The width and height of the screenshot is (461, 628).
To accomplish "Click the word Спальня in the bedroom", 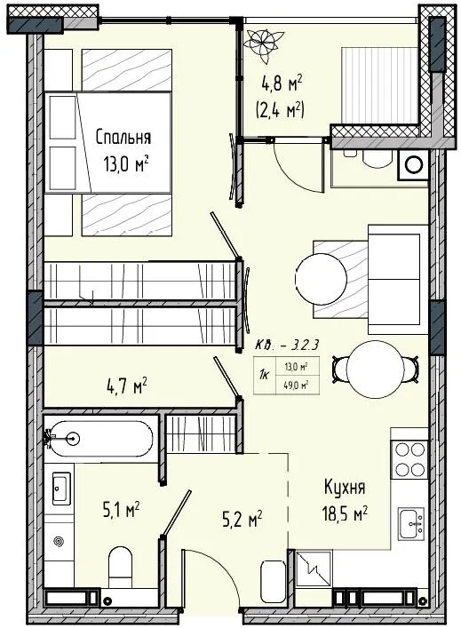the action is click(123, 138).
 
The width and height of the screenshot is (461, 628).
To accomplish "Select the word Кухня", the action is click(344, 488).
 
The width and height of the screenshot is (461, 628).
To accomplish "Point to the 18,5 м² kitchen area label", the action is click(345, 513).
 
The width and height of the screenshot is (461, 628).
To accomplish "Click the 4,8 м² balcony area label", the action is click(282, 83).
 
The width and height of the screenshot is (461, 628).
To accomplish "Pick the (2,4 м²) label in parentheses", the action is click(280, 110).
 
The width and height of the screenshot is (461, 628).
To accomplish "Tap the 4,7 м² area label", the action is click(126, 387).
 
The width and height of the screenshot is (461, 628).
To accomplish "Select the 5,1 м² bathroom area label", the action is click(121, 511).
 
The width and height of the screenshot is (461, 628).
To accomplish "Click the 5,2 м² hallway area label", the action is click(242, 521).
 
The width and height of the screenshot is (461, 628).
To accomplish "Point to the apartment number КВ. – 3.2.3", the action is click(287, 345).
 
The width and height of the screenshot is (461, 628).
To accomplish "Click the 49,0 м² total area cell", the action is click(297, 386).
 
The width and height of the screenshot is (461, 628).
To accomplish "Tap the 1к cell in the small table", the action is click(265, 375).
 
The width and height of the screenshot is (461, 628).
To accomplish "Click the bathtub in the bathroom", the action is click(99, 439).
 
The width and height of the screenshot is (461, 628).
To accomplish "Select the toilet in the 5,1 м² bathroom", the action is click(121, 563).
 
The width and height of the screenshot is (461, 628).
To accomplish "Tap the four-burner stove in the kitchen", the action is click(409, 459).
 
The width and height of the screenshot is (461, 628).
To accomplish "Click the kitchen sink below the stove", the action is click(411, 523).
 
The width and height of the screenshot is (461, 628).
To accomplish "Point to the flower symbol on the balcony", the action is click(264, 44).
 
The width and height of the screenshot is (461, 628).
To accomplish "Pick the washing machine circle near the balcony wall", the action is click(413, 165).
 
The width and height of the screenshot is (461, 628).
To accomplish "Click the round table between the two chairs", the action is click(376, 369).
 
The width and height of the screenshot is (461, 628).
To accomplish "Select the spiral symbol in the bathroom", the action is click(59, 542).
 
